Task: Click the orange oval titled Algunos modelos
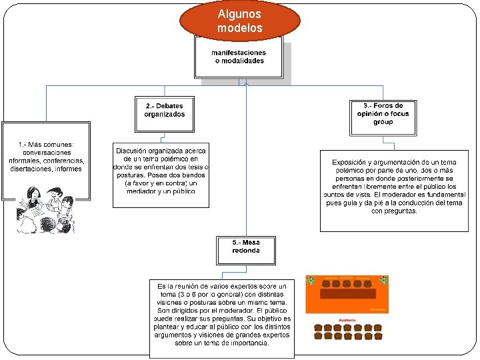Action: (x=240, y=21)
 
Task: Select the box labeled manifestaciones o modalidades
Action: (x=239, y=57)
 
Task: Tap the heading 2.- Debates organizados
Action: (x=164, y=110)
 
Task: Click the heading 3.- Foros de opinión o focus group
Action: (x=383, y=114)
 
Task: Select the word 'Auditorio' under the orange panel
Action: (x=346, y=321)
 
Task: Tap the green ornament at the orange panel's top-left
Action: (x=311, y=281)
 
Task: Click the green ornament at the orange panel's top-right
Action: (x=383, y=281)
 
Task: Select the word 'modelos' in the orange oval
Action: (x=240, y=28)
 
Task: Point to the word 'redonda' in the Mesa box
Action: (x=246, y=251)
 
